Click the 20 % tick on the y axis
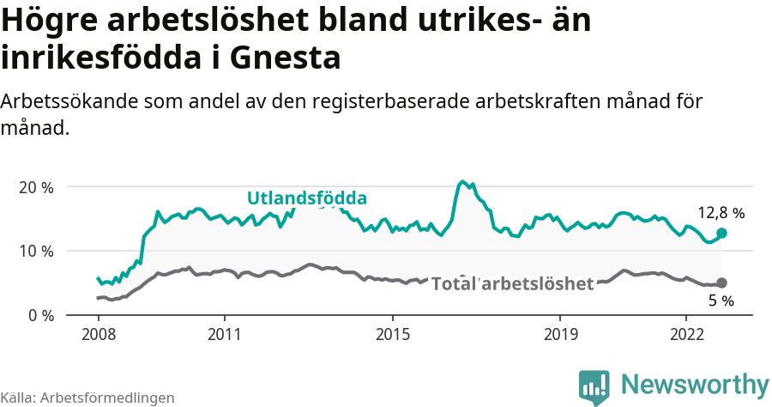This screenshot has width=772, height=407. (x=36, y=187)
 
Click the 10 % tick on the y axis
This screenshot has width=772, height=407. (x=36, y=251)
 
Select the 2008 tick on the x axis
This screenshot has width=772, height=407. (x=98, y=333)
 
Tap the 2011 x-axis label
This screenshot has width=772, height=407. (x=224, y=333)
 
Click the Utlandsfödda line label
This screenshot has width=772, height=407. (x=307, y=198)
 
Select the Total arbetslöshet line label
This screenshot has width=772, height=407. (x=512, y=284)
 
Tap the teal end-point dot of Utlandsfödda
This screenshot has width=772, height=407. (x=721, y=233)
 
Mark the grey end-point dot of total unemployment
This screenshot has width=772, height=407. (x=721, y=282)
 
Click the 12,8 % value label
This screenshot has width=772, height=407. (x=721, y=213)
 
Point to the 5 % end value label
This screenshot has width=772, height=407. (x=721, y=301)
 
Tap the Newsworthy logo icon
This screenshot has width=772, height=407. (x=594, y=386)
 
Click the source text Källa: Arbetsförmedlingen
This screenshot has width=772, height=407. (x=87, y=398)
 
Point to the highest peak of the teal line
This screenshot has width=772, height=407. (x=463, y=181)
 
